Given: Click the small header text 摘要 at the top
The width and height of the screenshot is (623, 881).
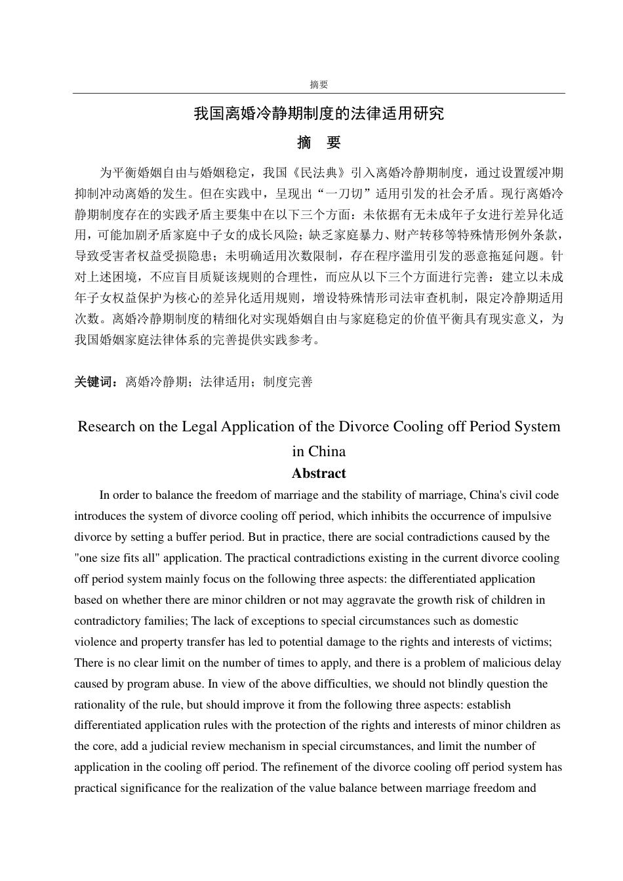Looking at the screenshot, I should click(319, 85).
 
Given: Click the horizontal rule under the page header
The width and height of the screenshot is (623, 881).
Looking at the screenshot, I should click(319, 93).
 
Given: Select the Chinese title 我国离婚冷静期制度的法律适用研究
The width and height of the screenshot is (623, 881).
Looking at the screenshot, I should click(319, 113).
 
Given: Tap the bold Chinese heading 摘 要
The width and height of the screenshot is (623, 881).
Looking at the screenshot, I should click(319, 143).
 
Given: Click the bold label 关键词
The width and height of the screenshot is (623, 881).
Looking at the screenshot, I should click(96, 382).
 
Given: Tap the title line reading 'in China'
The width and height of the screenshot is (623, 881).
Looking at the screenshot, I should click(319, 452).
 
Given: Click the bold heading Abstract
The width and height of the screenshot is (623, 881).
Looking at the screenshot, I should click(319, 473).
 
